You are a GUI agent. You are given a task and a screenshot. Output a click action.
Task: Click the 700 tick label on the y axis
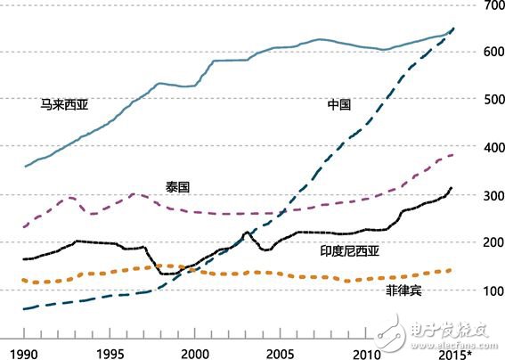coord(492,6)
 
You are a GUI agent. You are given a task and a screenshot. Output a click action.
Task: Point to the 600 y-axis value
coord(492,52)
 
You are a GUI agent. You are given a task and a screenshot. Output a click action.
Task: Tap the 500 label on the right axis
coord(492,100)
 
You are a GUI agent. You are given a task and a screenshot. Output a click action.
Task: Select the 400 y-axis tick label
coord(492,147)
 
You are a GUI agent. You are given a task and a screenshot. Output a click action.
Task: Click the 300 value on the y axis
coord(492,195)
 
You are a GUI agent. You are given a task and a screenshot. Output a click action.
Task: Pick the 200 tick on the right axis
coord(492,242)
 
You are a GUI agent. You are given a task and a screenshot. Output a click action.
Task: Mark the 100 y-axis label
coord(492,290)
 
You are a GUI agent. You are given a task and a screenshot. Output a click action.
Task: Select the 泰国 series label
coord(178,186)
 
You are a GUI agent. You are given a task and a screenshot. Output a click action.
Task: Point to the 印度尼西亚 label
coord(350,251)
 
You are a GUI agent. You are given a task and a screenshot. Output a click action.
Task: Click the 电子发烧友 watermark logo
coord(445,331)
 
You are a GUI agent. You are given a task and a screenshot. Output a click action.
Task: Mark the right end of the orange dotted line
coord(451,270)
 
